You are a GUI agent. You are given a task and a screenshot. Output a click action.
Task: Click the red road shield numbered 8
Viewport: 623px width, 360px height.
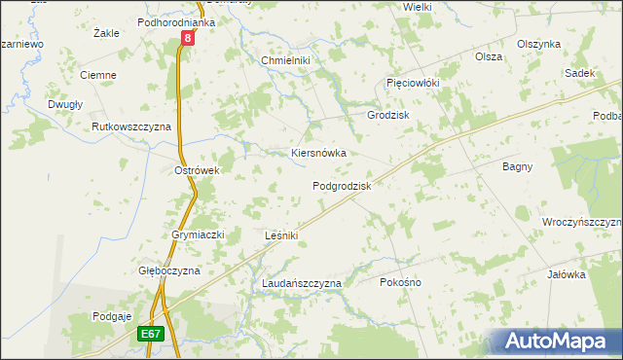tap(188, 38)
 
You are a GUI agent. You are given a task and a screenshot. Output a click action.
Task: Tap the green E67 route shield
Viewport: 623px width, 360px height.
tap(150, 333)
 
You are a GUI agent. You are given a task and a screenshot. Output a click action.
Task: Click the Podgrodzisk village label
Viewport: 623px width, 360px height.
tap(342, 185)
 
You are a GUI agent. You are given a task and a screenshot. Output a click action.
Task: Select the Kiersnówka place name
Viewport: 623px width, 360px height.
tap(319, 153)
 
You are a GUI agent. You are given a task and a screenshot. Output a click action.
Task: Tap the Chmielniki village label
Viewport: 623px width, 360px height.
tap(284, 60)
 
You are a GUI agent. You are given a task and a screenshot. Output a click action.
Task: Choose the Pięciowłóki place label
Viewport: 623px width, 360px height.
tap(413, 83)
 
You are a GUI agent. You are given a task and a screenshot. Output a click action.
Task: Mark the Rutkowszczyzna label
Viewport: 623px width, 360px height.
tap(131, 126)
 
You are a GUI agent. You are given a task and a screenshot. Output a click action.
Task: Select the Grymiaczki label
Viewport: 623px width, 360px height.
tap(199, 234)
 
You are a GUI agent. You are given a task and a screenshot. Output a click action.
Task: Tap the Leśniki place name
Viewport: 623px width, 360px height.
tap(280, 235)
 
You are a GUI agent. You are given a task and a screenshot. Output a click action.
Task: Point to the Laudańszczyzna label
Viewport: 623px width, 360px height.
tap(302, 283)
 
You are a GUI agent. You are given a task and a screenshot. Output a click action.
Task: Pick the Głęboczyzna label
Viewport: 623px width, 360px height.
tap(168, 270)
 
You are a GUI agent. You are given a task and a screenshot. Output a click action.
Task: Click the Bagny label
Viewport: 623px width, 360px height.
tap(517, 166)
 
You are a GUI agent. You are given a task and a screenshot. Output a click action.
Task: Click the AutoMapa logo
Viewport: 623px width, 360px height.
tap(552, 341)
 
